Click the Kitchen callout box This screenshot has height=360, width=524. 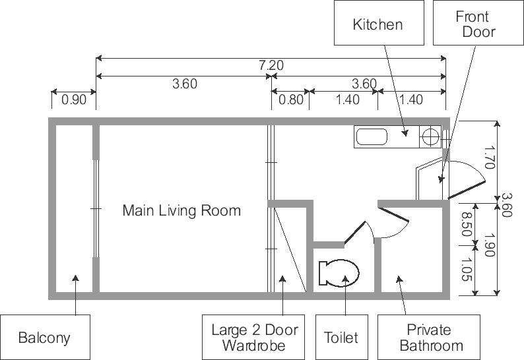click(x=379, y=22)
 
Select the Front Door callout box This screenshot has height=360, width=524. click(x=478, y=22)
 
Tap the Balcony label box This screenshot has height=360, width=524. click(x=45, y=337)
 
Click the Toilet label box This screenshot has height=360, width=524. click(x=342, y=337)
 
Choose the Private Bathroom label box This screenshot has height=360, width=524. click(x=429, y=337)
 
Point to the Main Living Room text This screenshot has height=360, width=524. click(x=181, y=211)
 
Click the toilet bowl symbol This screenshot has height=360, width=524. click(x=339, y=273)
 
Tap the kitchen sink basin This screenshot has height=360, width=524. click(x=372, y=137)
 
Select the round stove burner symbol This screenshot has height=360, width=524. click(x=430, y=136)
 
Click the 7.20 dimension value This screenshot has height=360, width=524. click(x=271, y=65)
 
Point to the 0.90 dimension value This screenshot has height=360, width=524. click(x=74, y=100)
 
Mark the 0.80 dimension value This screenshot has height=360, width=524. click(x=291, y=100)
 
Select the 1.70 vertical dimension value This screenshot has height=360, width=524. click(x=488, y=157)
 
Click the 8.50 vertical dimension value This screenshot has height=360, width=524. click(x=467, y=224)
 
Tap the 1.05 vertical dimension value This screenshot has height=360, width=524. click(x=467, y=269)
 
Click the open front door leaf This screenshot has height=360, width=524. click(x=466, y=191)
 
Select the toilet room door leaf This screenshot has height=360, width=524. click(x=355, y=233)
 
